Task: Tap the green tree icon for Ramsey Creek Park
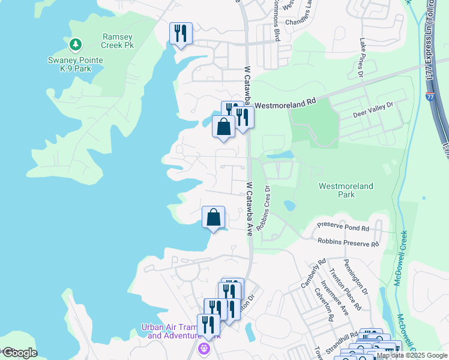(x=75, y=44)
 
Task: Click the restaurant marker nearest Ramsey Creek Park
(x=181, y=34)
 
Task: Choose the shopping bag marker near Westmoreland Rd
(x=223, y=127)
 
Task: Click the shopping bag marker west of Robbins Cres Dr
(x=214, y=217)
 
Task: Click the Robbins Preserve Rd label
(x=349, y=244)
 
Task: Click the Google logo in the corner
(x=19, y=353)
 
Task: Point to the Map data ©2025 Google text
(x=412, y=356)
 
